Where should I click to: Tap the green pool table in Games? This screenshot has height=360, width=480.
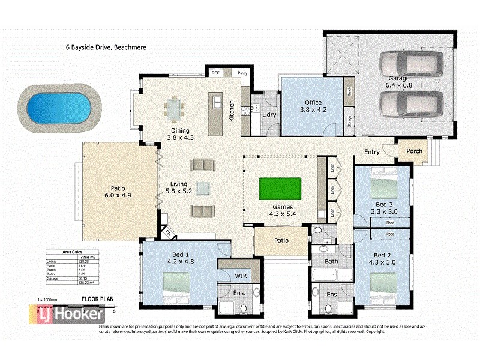click(x=280, y=190)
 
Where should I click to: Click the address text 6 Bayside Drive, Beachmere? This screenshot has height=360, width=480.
click(x=106, y=47)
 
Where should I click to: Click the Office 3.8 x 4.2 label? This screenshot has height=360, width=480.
click(x=313, y=106)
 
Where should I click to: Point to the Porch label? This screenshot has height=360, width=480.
click(x=415, y=151)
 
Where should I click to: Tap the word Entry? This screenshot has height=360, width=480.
click(x=372, y=152)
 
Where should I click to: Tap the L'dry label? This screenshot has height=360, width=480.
click(x=268, y=114)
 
